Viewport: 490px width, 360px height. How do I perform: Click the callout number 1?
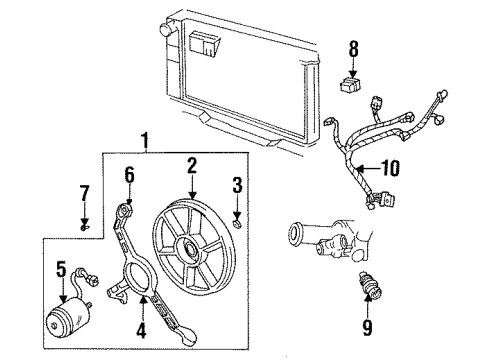pos(148,141)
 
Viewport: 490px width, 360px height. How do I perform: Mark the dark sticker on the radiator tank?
pos(206,43)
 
